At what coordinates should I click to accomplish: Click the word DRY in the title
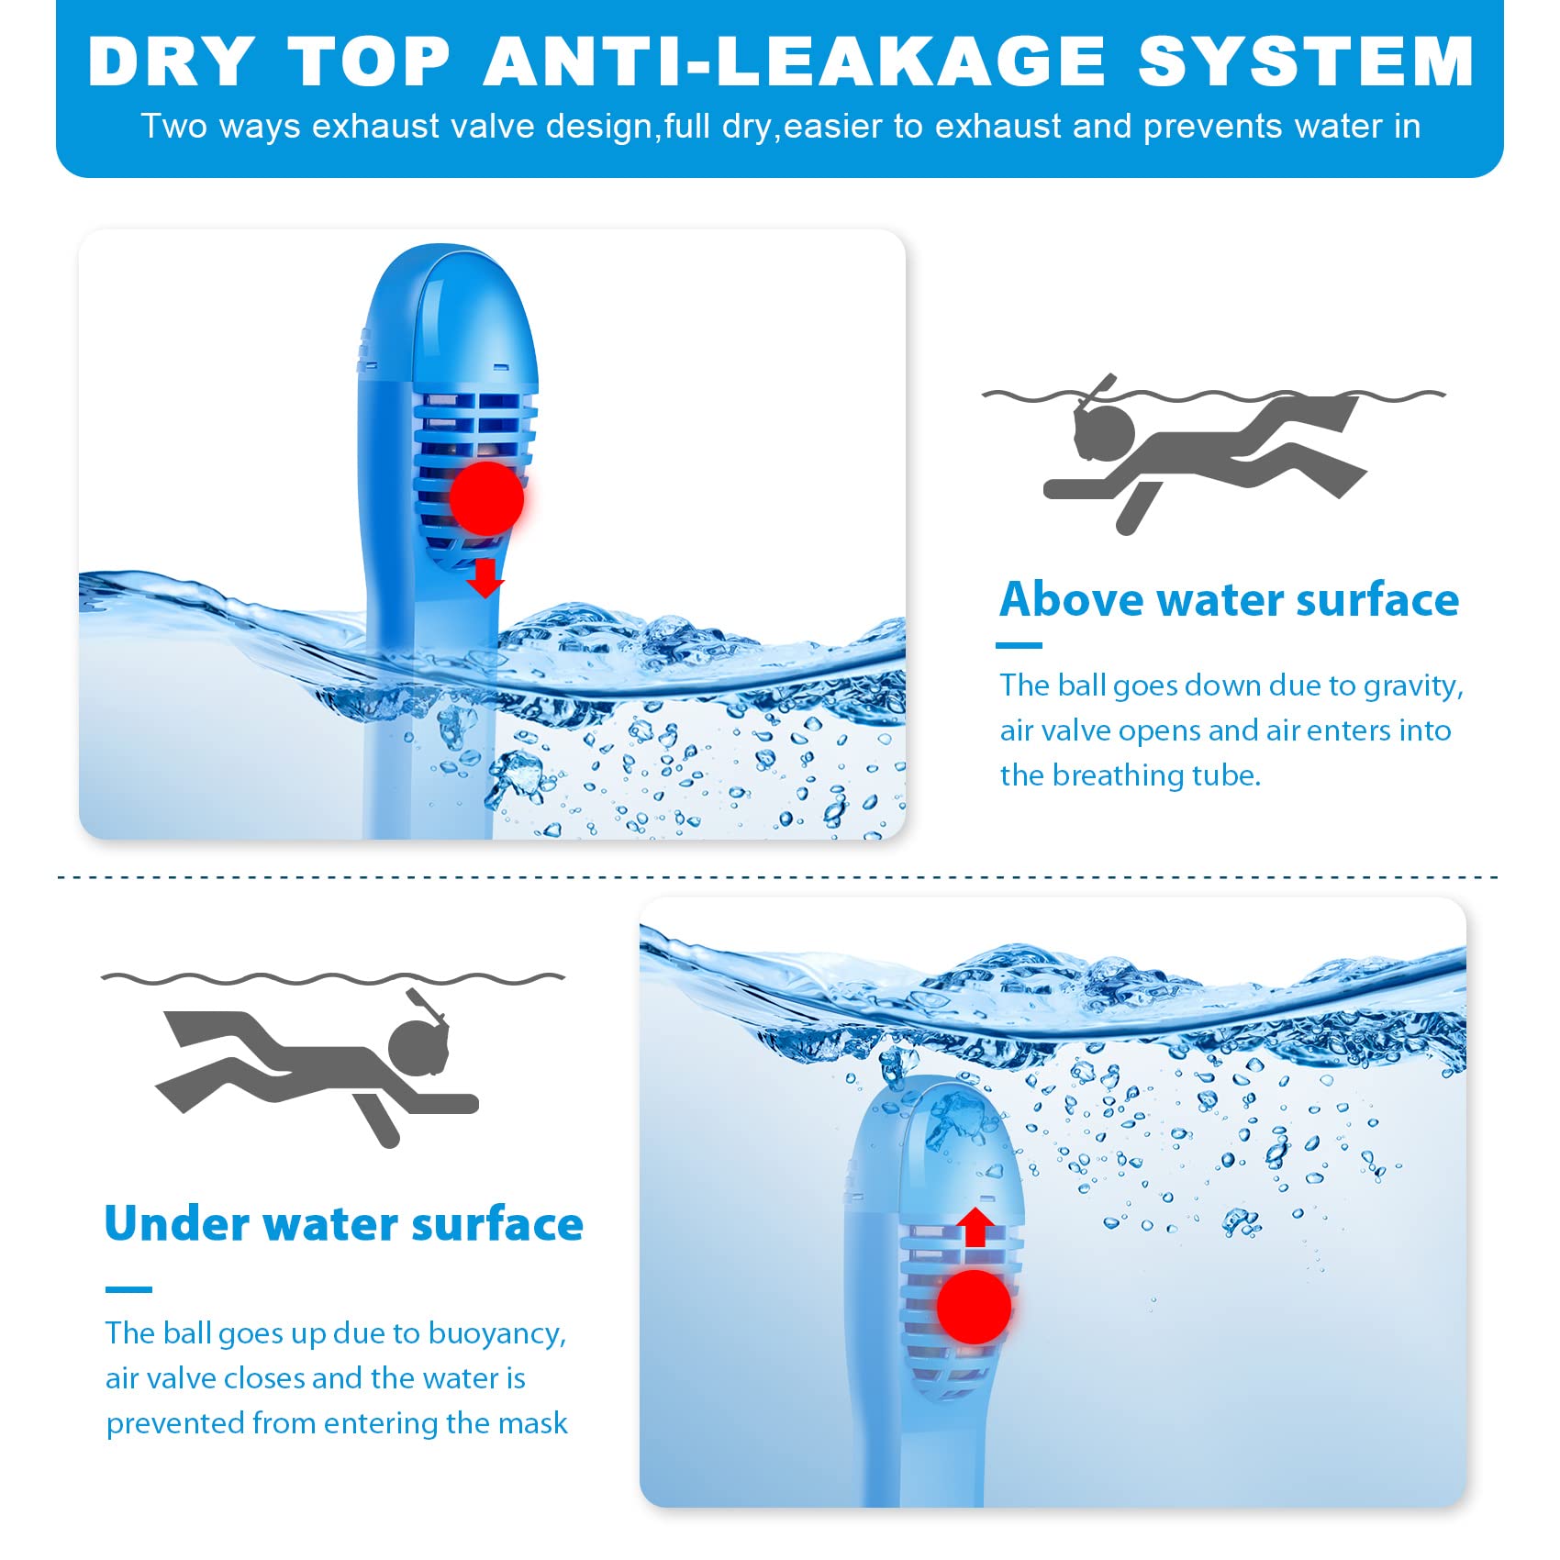(171, 61)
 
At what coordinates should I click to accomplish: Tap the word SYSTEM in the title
(1306, 61)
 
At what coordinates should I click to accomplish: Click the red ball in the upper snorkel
(486, 498)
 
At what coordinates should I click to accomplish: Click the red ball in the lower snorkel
(974, 1307)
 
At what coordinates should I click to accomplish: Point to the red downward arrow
(485, 578)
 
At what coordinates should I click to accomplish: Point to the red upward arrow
(975, 1227)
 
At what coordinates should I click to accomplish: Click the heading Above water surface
(1229, 599)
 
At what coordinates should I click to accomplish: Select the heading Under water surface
(344, 1223)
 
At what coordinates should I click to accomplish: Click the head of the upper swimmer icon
(1105, 431)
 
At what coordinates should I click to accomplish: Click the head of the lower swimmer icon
(418, 1047)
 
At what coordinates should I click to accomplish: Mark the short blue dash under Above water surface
(1019, 645)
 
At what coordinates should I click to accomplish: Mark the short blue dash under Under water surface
(128, 1289)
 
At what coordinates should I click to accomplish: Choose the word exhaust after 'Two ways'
(376, 126)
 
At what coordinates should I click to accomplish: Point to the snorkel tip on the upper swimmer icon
(1110, 378)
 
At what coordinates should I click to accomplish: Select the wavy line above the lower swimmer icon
(333, 978)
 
